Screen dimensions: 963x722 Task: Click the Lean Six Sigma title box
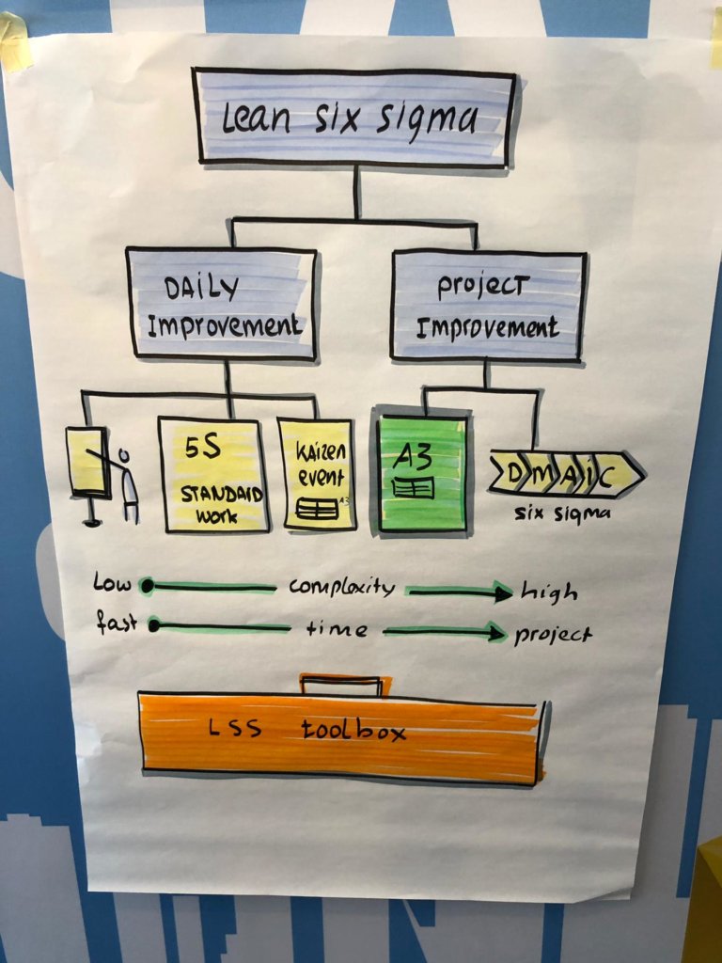point(353,118)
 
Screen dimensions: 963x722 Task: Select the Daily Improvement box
point(224,303)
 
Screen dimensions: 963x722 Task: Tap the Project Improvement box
point(488,305)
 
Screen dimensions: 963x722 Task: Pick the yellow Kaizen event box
point(317,475)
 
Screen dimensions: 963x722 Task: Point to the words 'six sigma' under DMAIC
point(563,513)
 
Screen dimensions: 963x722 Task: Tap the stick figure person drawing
point(127,484)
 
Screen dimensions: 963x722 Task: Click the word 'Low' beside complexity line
point(112,583)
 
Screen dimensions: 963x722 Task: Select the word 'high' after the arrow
point(549,592)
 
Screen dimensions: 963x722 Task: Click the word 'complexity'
point(342,588)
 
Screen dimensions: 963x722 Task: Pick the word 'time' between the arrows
point(337,629)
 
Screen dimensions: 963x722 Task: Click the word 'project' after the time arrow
point(553,634)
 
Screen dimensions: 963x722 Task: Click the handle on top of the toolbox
point(344,684)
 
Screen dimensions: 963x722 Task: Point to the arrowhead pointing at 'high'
point(501,592)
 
